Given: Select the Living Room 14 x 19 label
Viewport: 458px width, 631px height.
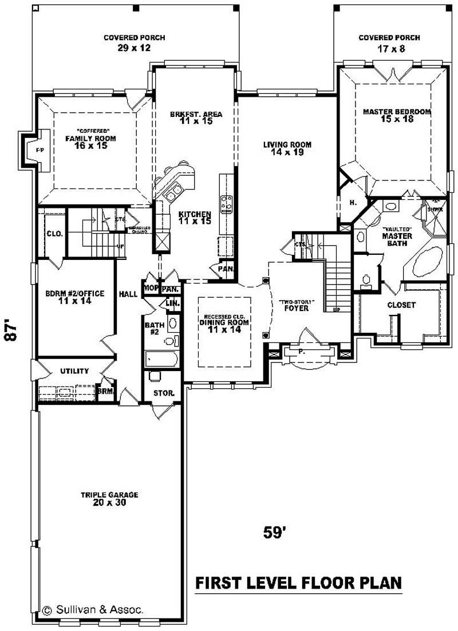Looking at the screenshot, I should tap(287, 148).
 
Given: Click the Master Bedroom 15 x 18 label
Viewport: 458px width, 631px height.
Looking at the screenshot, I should tap(396, 116).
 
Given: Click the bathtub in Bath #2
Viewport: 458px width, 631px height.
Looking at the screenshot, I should tap(161, 359).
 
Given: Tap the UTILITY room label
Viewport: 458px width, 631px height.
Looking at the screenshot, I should tap(74, 371).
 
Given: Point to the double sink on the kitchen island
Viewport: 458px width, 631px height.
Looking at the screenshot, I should tap(172, 193).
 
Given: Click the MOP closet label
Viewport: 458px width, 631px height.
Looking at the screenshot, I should tap(151, 289).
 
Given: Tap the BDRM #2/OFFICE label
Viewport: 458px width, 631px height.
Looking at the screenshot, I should tap(75, 297).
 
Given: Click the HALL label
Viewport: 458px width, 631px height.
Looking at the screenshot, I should tap(128, 294).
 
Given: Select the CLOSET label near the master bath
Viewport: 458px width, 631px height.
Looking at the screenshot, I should tap(401, 305).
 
